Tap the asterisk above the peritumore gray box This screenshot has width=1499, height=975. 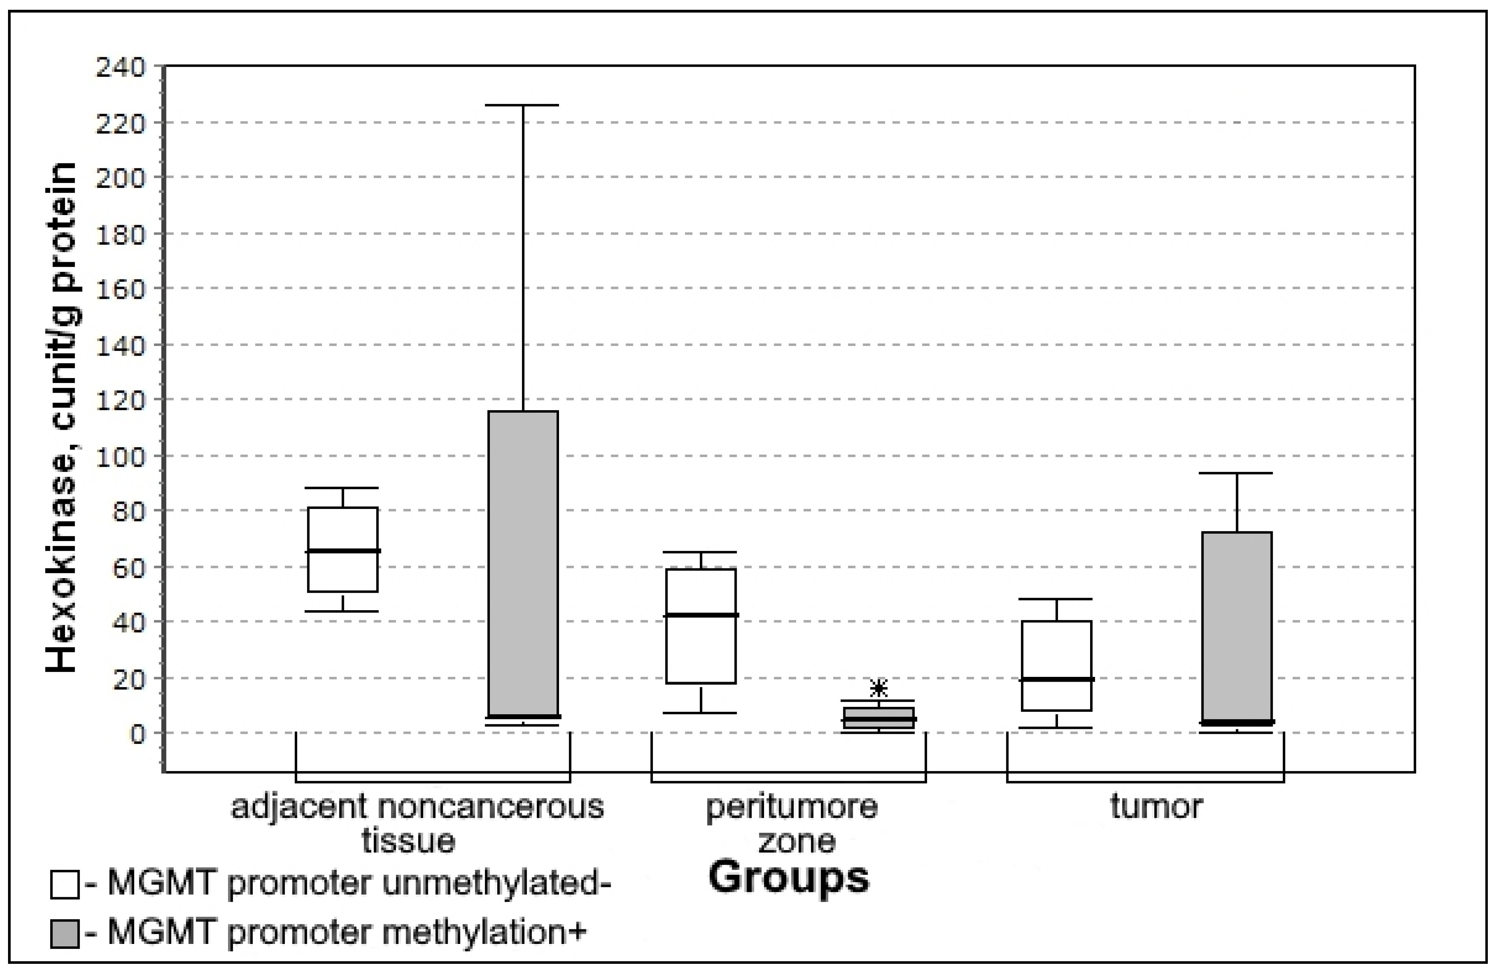[x=879, y=688]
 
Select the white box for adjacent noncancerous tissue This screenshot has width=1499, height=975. [x=343, y=549]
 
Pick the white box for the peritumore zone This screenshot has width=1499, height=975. [x=701, y=626]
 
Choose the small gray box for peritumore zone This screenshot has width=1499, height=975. [x=879, y=718]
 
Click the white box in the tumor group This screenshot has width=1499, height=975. [x=1056, y=666]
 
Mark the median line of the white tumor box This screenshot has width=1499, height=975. [x=1056, y=679]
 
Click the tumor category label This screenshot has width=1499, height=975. [x=1156, y=807]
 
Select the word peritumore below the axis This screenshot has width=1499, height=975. [x=791, y=807]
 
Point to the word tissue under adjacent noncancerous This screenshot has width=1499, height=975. [x=408, y=841]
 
